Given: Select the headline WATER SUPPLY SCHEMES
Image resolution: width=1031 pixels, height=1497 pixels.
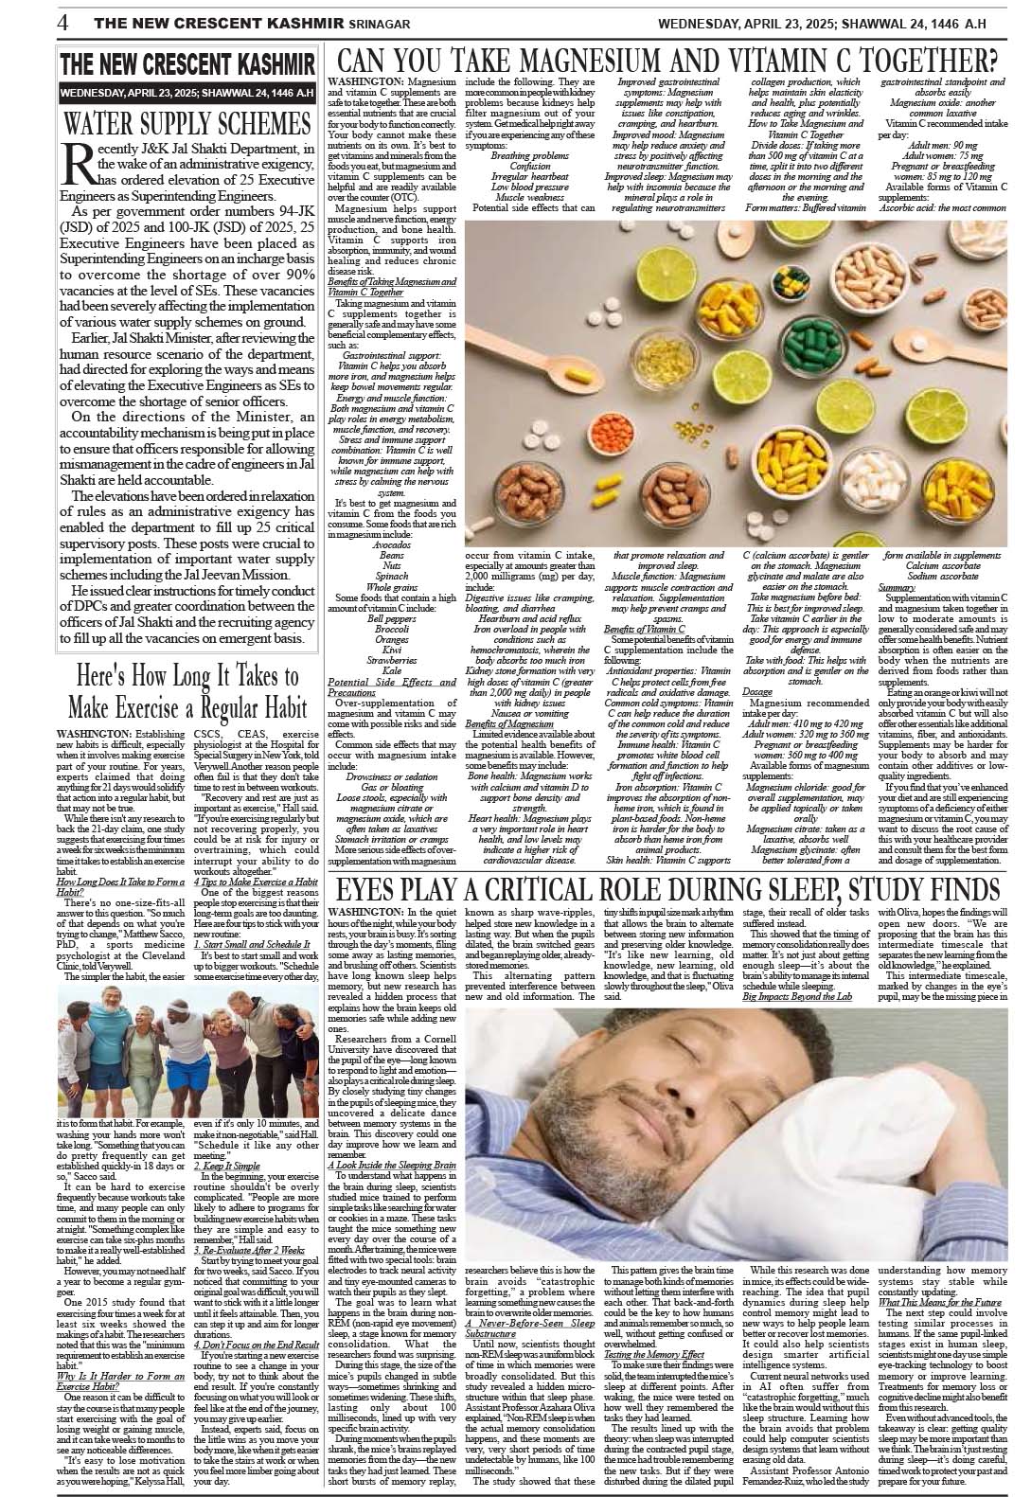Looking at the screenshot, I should (187, 123).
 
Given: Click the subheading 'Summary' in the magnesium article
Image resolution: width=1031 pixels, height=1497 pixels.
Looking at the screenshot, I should (897, 587).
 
